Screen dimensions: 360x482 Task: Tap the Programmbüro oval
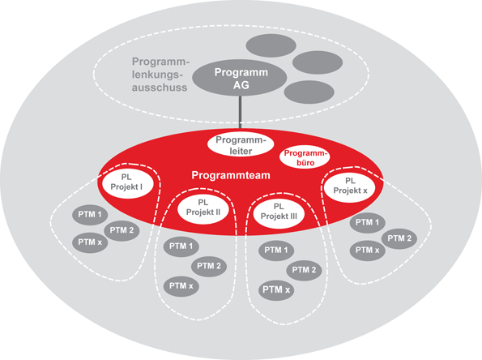tap(305, 156)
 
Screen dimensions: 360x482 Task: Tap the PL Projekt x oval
tap(351, 186)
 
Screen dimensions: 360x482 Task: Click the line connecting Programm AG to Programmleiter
tap(240, 113)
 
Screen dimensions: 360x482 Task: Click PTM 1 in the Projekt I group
tap(89, 216)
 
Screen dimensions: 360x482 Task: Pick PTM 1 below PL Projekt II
tap(180, 246)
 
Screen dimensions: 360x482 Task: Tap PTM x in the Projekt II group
tap(180, 285)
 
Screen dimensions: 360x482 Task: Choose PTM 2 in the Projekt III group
tap(301, 270)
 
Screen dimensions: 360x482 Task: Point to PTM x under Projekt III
tap(275, 289)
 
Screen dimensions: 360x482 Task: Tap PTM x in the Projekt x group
tap(365, 251)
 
